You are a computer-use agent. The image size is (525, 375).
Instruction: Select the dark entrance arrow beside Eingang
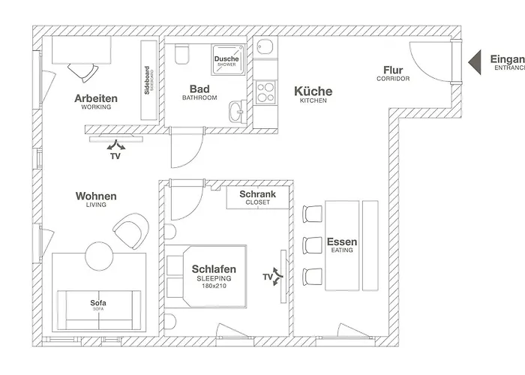473,61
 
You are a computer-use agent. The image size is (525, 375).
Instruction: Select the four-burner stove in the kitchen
265,92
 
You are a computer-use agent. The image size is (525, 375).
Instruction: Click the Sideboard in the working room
148,79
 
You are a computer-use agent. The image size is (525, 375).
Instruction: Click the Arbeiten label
96,98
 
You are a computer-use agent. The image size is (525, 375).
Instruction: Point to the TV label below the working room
115,157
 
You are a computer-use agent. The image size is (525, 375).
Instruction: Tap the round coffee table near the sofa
97,253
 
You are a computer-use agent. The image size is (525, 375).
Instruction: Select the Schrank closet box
257,197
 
